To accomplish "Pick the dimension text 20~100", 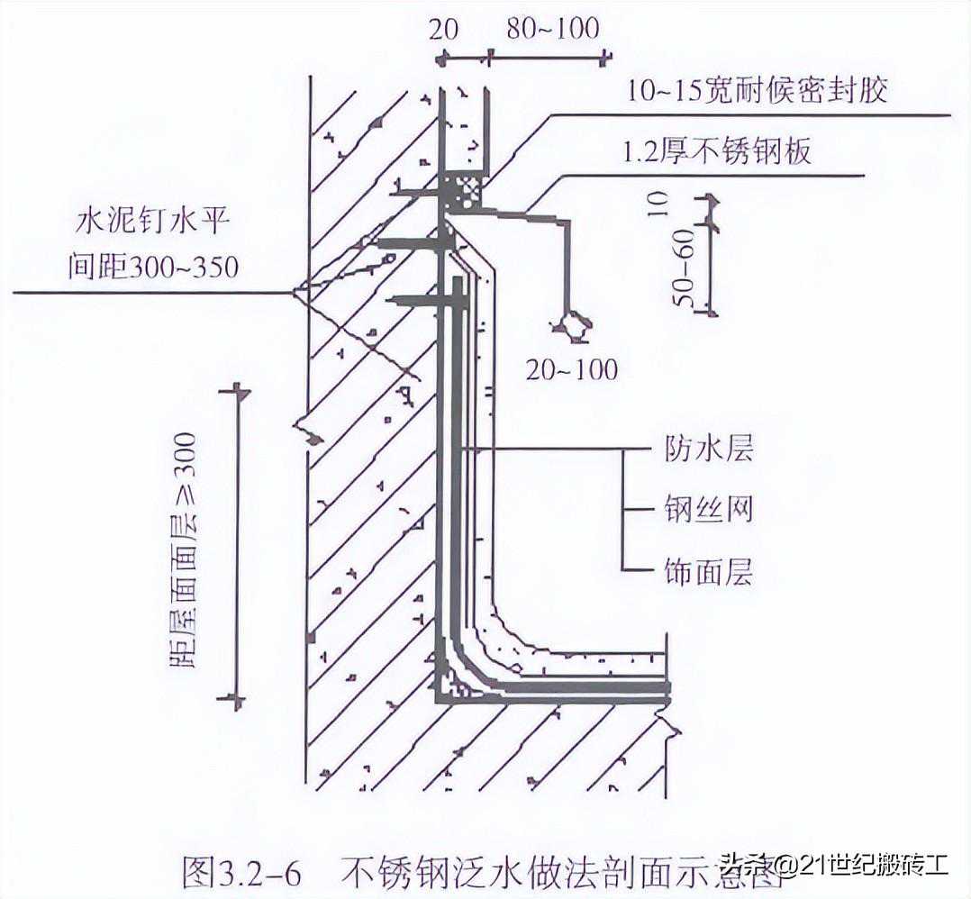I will (x=573, y=368).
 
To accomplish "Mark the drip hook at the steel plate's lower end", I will (x=573, y=326).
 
